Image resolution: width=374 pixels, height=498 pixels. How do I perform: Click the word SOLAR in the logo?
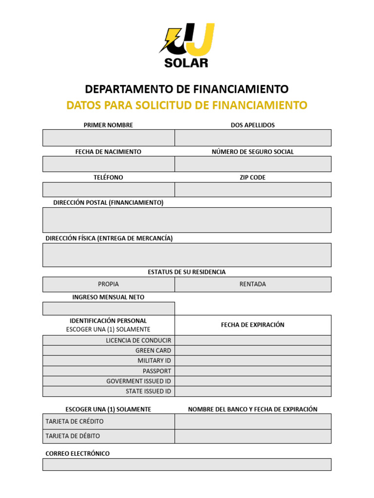point(187,62)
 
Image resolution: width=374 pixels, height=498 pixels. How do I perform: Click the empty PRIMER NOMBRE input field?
point(109,138)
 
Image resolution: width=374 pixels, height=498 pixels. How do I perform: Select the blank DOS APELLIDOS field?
point(253,138)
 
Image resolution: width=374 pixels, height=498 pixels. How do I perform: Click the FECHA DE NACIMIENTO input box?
point(109,164)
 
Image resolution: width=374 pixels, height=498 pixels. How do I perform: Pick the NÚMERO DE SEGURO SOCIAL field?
point(253,164)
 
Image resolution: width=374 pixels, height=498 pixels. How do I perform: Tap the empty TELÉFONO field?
point(109,190)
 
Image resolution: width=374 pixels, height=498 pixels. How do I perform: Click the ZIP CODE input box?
point(253,190)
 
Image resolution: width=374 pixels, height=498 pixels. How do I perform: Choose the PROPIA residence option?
point(109,284)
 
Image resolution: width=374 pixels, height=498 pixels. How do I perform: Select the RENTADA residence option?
point(253,284)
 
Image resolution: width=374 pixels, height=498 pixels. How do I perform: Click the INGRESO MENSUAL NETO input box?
point(109,308)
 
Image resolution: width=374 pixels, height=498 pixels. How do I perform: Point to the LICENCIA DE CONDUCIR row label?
point(138,340)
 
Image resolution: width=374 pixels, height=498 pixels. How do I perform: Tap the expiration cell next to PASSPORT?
point(253,371)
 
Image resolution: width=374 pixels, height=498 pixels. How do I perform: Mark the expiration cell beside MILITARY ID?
point(253,361)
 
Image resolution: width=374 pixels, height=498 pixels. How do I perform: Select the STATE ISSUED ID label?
point(148,391)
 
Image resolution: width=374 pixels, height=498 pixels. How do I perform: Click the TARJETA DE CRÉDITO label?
point(75,421)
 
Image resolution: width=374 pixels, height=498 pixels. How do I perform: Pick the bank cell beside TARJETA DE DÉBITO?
point(253,436)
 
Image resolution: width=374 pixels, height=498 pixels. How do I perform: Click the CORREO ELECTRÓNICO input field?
point(187,464)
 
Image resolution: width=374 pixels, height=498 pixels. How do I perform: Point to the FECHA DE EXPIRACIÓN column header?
point(253,325)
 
